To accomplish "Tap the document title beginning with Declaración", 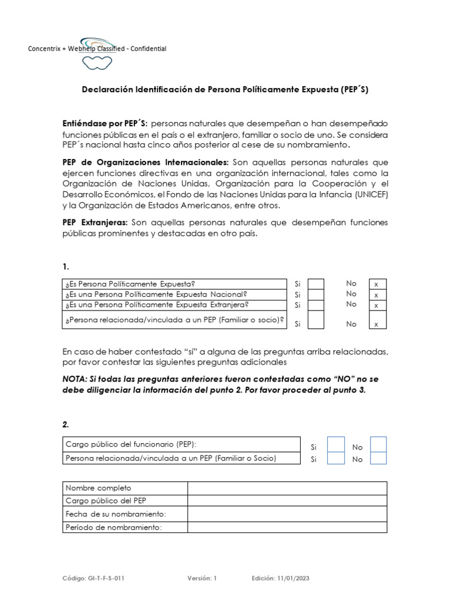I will click(224, 90).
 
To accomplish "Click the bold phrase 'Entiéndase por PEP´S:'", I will click(105, 124).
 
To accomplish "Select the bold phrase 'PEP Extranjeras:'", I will click(95, 222).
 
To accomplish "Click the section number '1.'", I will click(66, 266).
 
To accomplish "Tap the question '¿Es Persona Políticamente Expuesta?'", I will click(130, 284).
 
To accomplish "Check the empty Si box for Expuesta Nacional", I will click(316, 295).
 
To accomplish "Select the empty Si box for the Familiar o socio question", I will click(316, 320).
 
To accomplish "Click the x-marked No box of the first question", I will click(376, 284).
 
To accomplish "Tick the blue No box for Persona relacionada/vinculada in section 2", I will click(379, 458).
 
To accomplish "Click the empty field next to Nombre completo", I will click(287, 488).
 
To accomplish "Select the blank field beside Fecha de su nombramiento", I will click(287, 514).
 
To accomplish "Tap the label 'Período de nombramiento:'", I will click(113, 527).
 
